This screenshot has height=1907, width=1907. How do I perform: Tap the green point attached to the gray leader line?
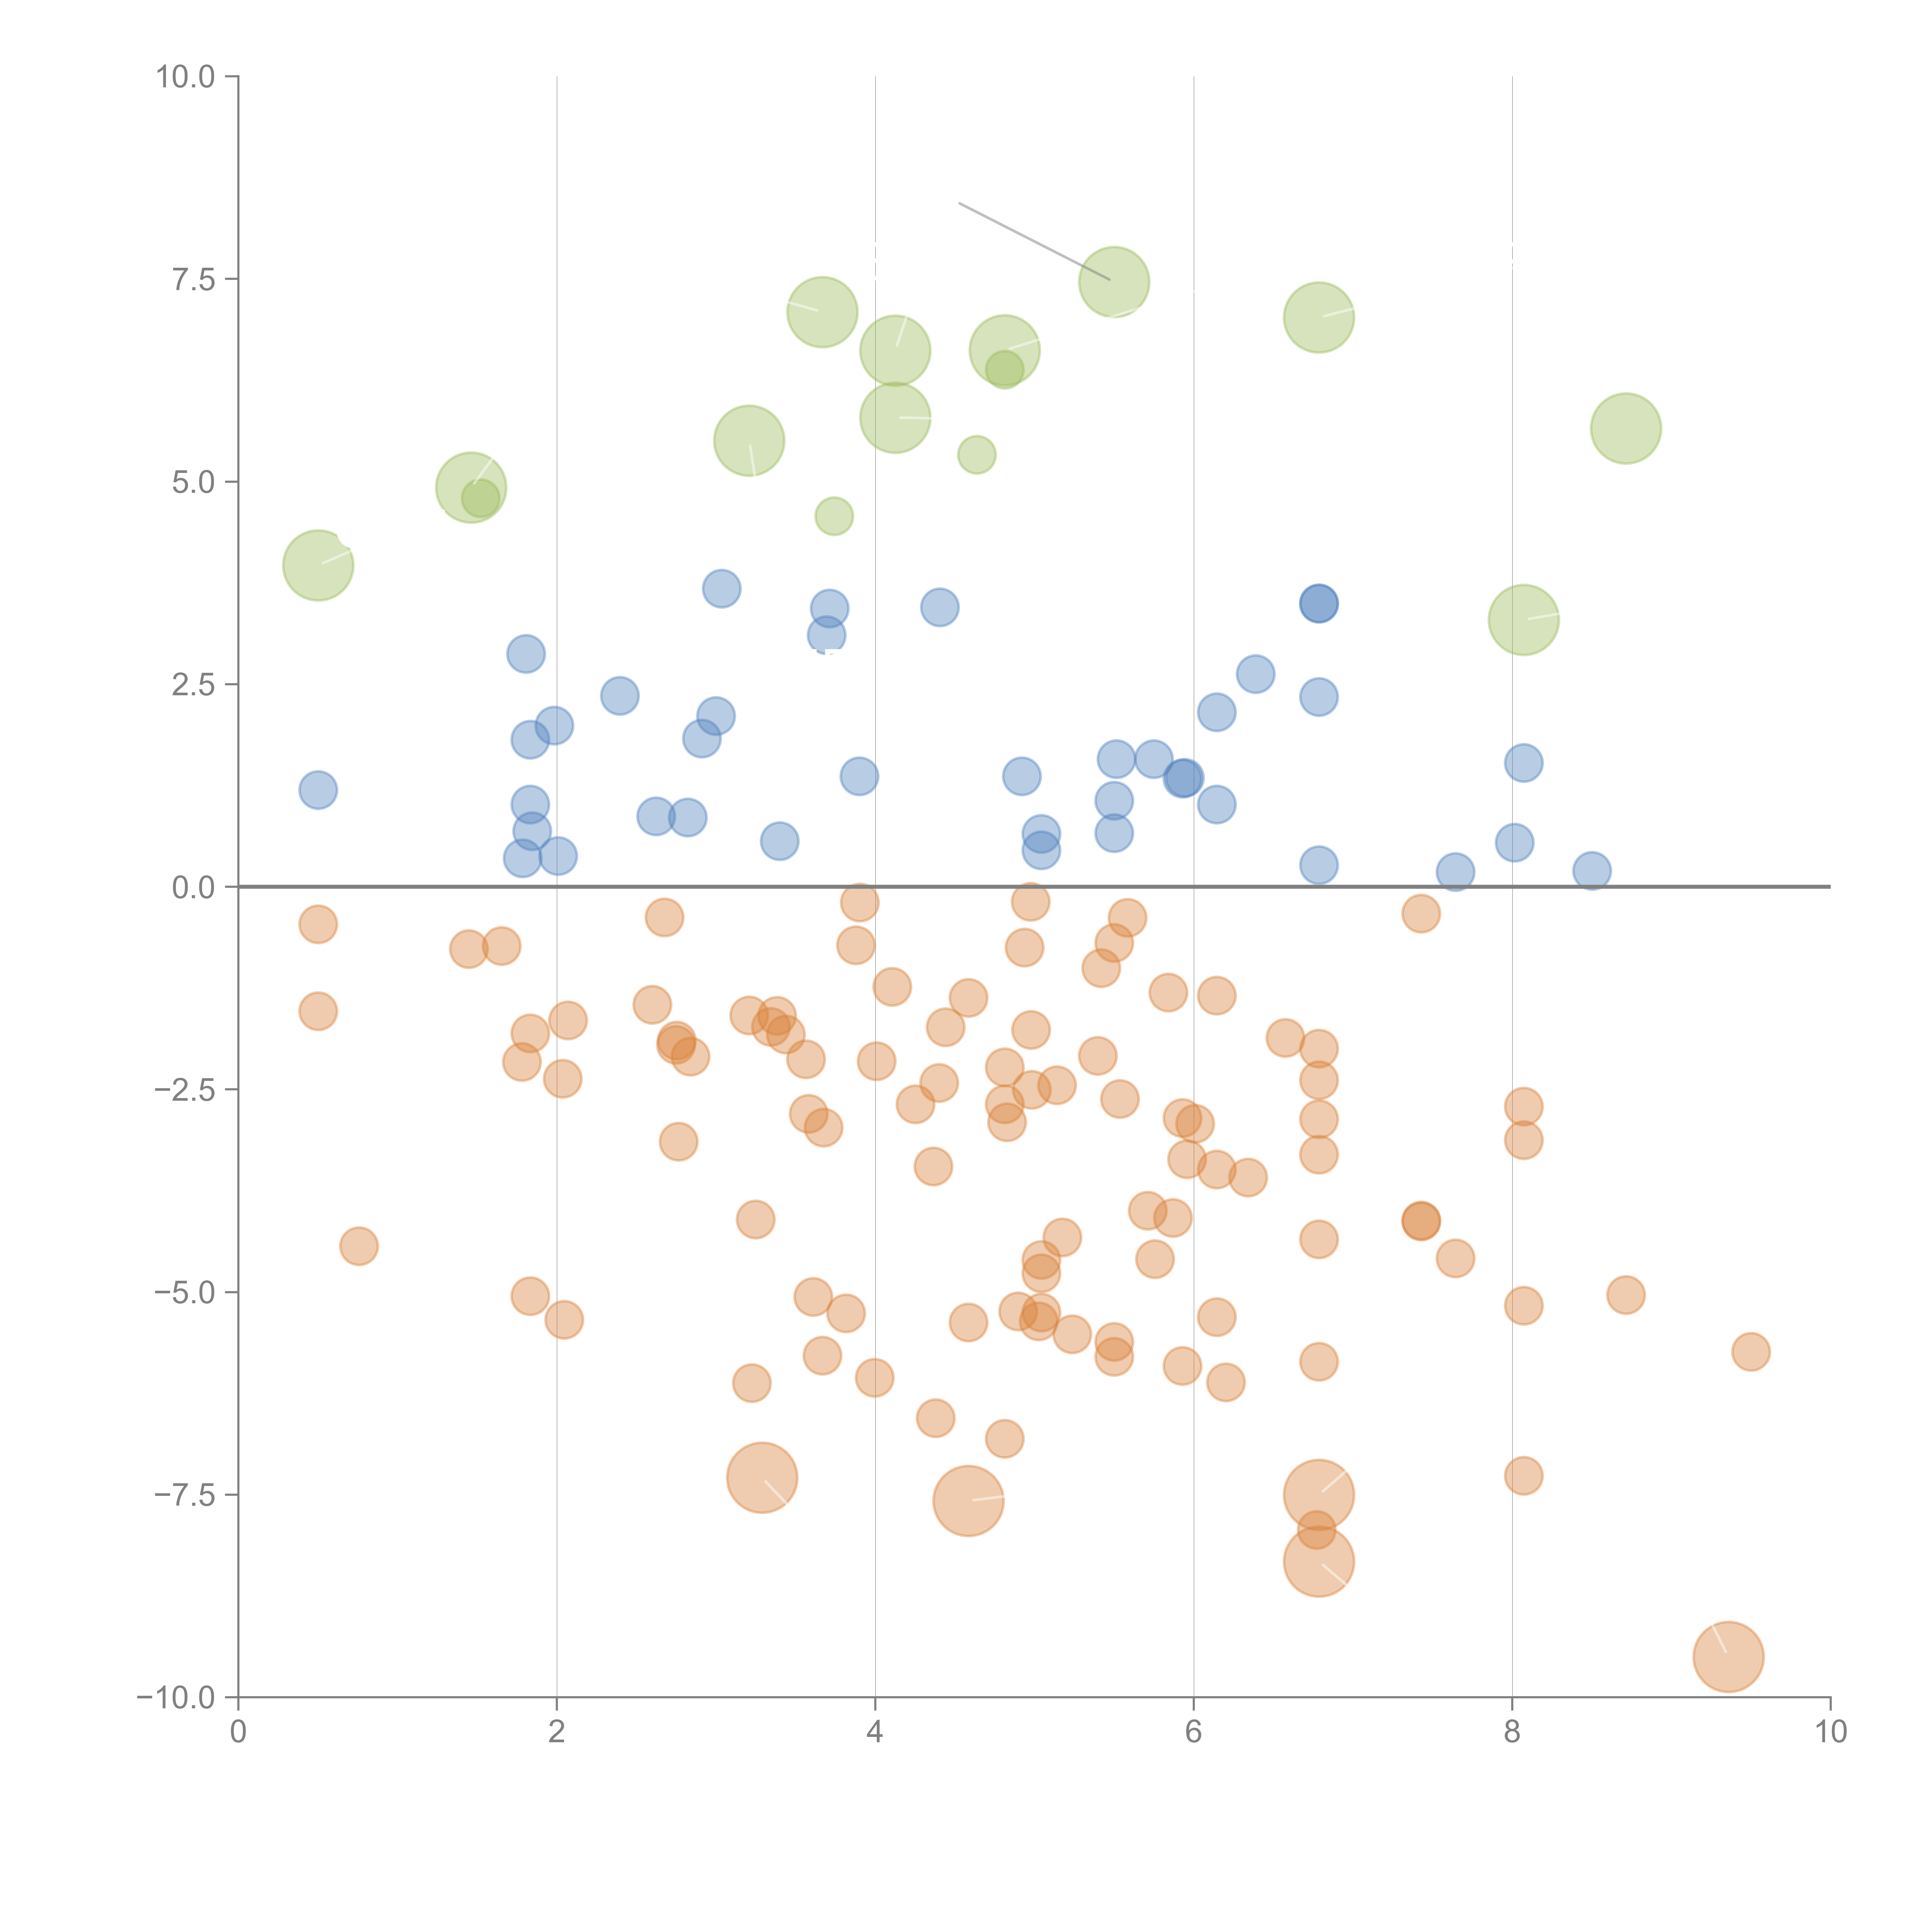(x=1113, y=281)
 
